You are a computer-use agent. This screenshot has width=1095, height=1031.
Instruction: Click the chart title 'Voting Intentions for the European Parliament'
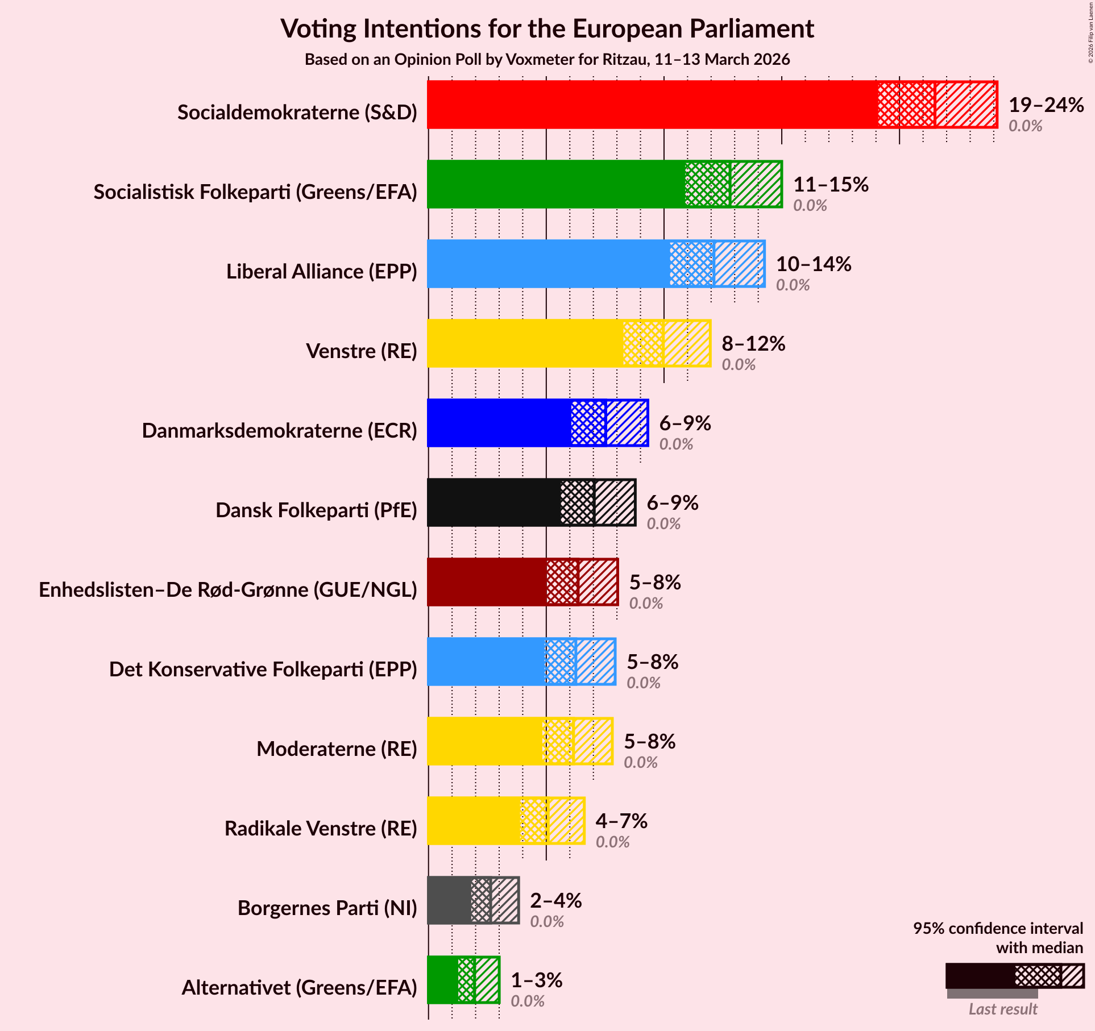click(547, 28)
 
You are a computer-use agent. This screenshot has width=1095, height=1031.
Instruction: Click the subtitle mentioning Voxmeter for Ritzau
click(547, 60)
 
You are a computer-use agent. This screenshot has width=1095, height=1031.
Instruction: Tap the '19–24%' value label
click(1046, 105)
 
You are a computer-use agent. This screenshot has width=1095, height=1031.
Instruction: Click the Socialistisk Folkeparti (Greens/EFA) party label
click(255, 192)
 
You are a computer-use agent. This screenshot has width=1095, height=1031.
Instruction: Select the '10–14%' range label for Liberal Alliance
click(813, 264)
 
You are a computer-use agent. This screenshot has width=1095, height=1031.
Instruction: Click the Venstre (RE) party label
click(361, 351)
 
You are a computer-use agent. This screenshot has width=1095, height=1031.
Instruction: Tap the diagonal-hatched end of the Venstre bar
click(687, 343)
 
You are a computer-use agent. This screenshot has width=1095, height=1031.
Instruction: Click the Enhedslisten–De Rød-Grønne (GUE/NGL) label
click(228, 590)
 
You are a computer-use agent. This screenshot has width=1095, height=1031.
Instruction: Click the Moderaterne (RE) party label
click(337, 749)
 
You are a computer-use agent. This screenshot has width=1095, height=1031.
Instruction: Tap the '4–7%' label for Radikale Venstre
click(621, 821)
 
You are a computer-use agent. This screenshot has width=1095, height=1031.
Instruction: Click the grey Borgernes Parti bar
click(449, 900)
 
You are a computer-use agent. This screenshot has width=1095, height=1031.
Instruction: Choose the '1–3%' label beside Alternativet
click(536, 980)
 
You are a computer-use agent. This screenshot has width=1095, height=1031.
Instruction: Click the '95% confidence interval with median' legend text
click(998, 938)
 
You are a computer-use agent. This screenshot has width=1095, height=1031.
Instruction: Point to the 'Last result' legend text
click(1002, 1009)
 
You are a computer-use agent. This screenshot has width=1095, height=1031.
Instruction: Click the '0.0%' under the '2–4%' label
click(546, 921)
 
